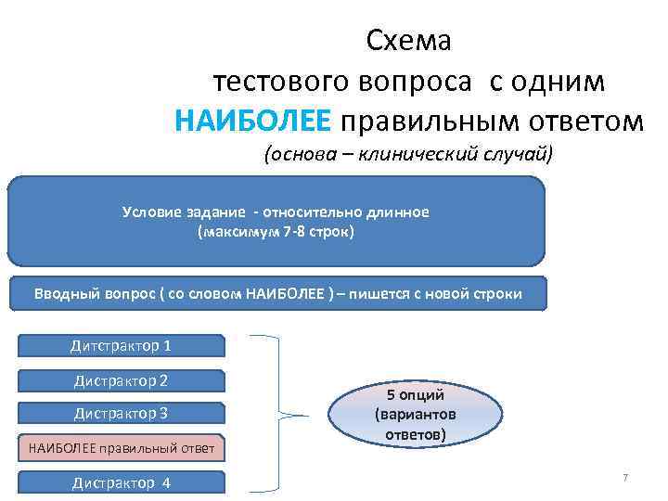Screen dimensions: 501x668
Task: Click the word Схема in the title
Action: coord(409,41)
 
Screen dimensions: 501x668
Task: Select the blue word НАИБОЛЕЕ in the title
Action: coord(251,121)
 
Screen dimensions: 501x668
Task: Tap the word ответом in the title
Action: coord(573,121)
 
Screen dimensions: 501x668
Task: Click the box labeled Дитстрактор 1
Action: coord(121,346)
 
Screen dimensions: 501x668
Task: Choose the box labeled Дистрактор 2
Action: coord(121,380)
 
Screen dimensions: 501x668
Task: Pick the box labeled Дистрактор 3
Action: coord(121,414)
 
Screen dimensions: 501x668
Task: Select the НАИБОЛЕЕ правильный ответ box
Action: coord(121,449)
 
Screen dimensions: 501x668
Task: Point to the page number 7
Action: coord(625,478)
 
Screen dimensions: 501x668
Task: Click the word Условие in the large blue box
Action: coord(152,212)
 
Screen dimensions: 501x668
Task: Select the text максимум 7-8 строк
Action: coord(276,232)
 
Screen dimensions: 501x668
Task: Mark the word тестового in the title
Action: coord(277,81)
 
